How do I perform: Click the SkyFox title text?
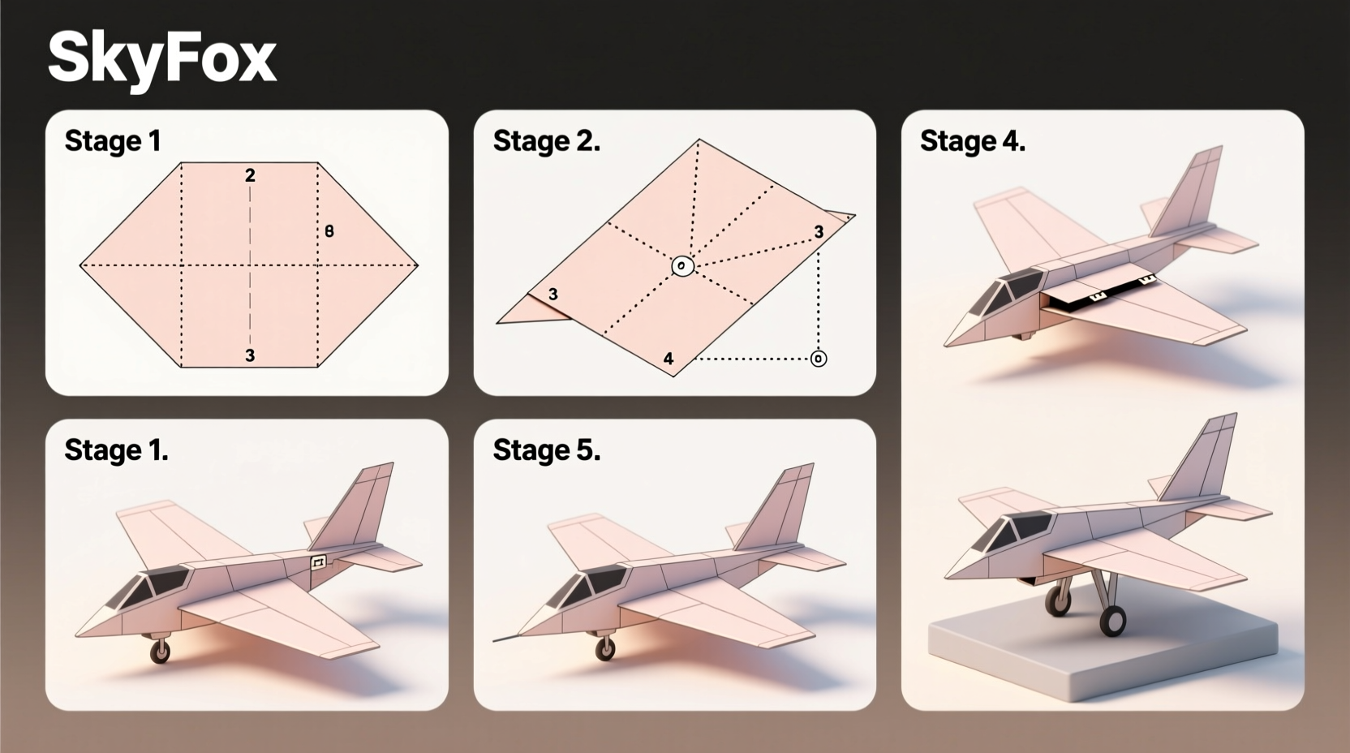[161, 58]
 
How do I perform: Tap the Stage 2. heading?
[546, 141]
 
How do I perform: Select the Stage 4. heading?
[972, 141]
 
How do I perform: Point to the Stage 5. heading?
[546, 450]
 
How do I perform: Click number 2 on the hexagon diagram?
[250, 175]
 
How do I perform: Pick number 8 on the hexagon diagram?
[329, 231]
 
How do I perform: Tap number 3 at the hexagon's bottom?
[250, 355]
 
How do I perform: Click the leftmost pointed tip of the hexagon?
[82, 265]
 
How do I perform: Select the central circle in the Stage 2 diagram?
[682, 265]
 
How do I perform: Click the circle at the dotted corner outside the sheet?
[819, 359]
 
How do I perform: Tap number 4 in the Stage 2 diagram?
[668, 359]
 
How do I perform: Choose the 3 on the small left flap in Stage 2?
[552, 295]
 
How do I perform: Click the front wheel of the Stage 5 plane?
[604, 648]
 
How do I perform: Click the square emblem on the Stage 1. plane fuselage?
[318, 562]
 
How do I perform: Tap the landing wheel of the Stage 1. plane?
[161, 651]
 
